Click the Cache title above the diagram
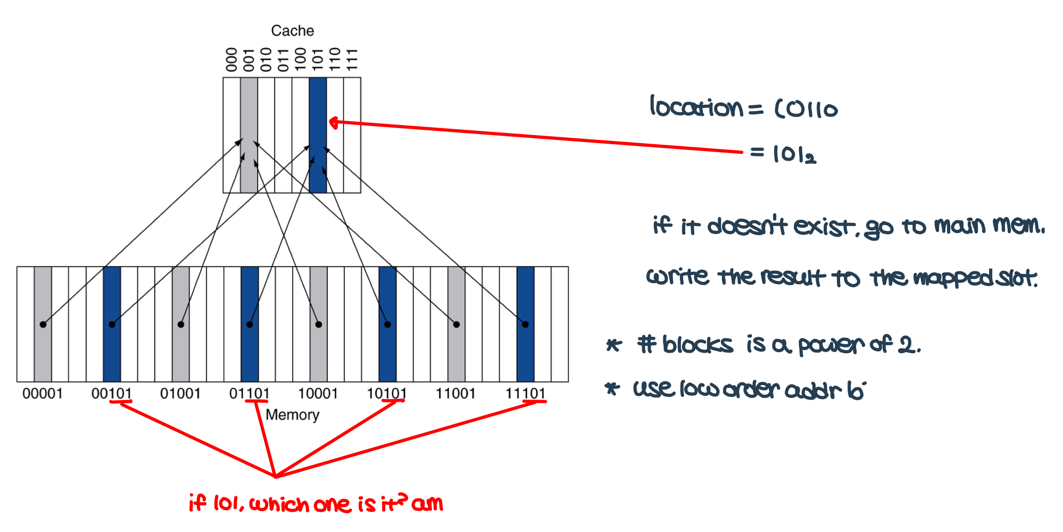[x=292, y=31]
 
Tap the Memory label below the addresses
[x=292, y=415]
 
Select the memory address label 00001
[x=43, y=394]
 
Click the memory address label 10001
[x=318, y=394]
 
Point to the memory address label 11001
[x=456, y=394]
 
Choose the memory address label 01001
[x=180, y=394]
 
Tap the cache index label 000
[x=231, y=59]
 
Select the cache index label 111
[x=352, y=59]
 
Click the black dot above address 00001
[x=43, y=325]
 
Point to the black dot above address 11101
[x=525, y=325]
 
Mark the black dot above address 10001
[x=319, y=325]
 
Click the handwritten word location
[x=696, y=107]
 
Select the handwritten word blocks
[x=697, y=345]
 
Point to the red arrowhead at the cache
[x=334, y=123]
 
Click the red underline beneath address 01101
[x=256, y=401]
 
